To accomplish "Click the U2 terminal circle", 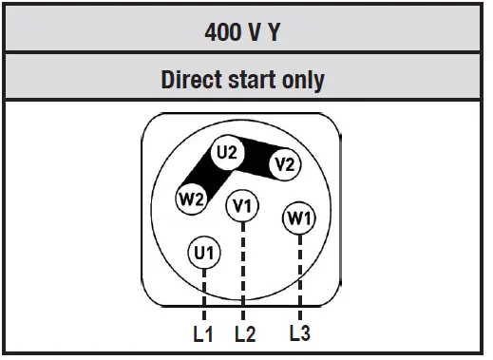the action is coord(227,152).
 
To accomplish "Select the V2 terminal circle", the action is coord(283,164).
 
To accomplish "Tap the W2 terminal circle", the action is coord(191,199).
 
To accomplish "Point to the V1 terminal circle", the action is coord(243,205).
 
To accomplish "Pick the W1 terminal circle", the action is coord(299,218).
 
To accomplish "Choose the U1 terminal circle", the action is coord(204,253).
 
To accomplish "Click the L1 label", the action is coord(203,333).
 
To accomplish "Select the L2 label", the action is coord(245,333).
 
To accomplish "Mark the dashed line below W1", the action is coord(300,275).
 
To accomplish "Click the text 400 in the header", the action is coord(224,32).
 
